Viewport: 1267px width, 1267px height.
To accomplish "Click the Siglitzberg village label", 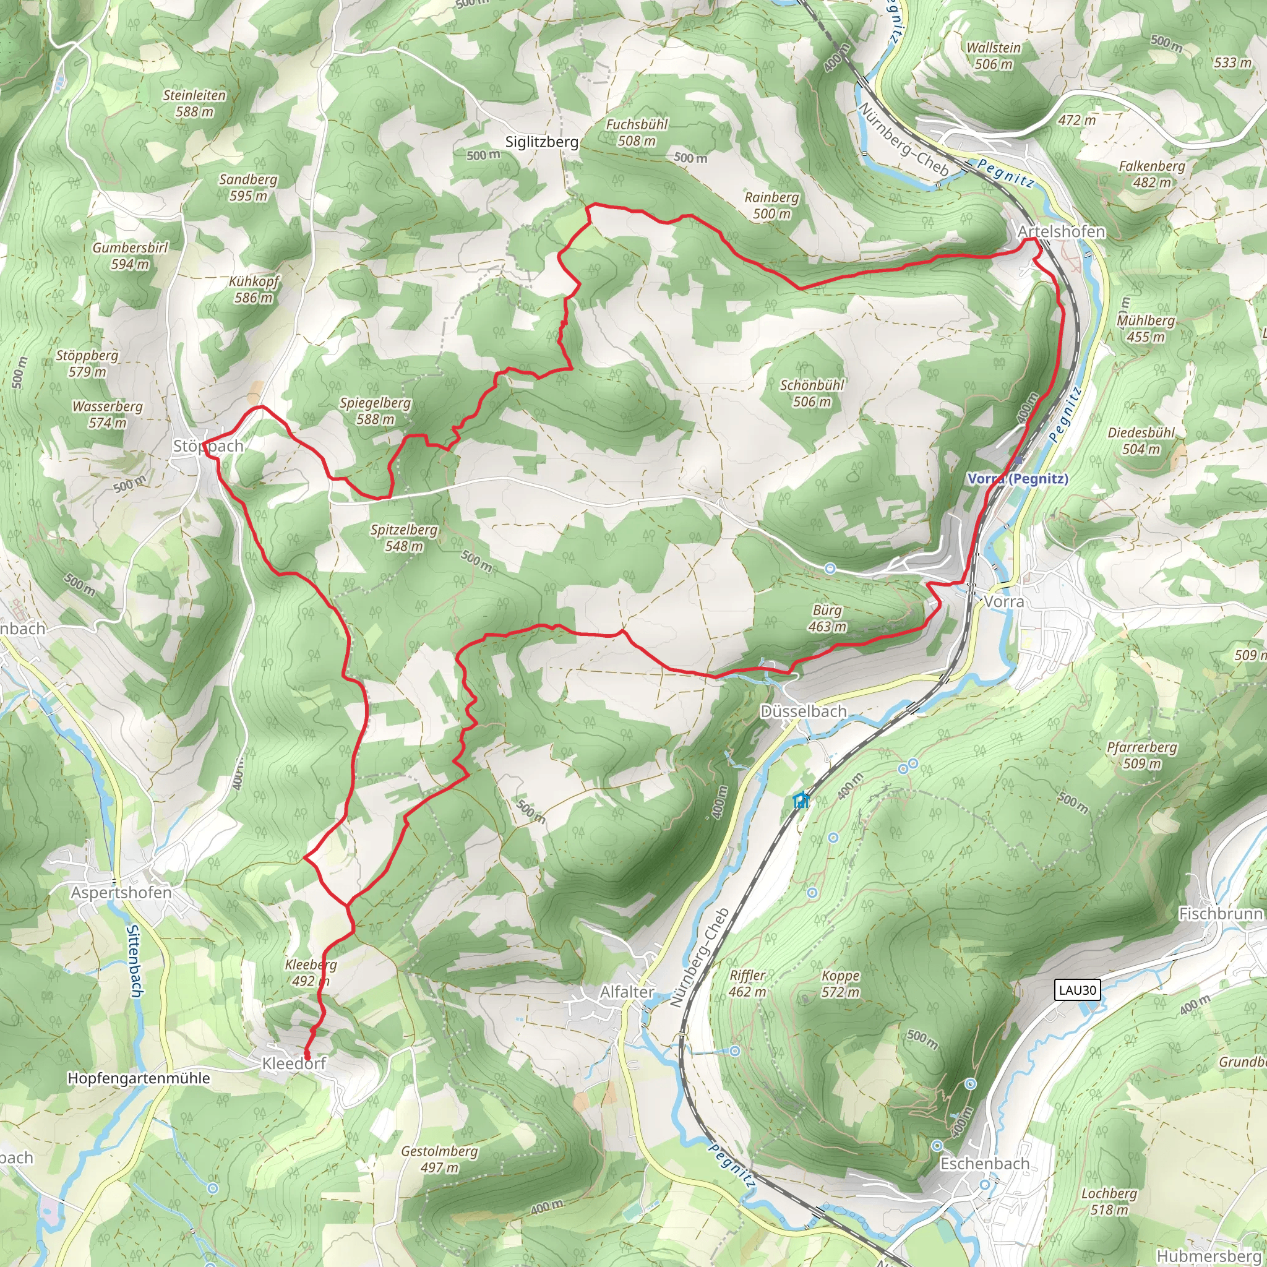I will [x=542, y=142].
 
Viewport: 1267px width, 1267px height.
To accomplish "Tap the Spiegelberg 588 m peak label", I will [x=375, y=411].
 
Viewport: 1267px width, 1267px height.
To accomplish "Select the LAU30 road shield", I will [x=1078, y=990].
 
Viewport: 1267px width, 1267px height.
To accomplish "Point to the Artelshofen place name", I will [x=1061, y=231].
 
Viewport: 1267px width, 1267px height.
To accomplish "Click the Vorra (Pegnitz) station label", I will [x=1018, y=479].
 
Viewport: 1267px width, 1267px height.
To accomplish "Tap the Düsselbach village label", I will [x=804, y=711].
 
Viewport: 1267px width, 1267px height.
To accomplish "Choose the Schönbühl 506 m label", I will [x=812, y=393].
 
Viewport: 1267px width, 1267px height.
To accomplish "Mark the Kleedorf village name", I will [x=294, y=1063].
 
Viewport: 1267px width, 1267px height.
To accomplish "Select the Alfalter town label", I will [x=627, y=992].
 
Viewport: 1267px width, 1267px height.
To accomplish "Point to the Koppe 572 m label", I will [x=840, y=984].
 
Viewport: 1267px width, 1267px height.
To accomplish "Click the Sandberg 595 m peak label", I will [x=248, y=187].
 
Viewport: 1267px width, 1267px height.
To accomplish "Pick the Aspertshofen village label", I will [x=121, y=893].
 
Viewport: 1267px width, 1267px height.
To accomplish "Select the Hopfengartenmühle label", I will [x=139, y=1078].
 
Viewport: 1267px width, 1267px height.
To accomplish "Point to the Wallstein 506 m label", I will [x=994, y=56].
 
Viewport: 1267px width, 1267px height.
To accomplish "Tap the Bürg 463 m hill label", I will [x=827, y=619].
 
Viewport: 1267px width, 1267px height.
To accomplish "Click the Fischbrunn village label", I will [x=1221, y=914].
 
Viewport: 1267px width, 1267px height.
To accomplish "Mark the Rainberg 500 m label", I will [x=772, y=205].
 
